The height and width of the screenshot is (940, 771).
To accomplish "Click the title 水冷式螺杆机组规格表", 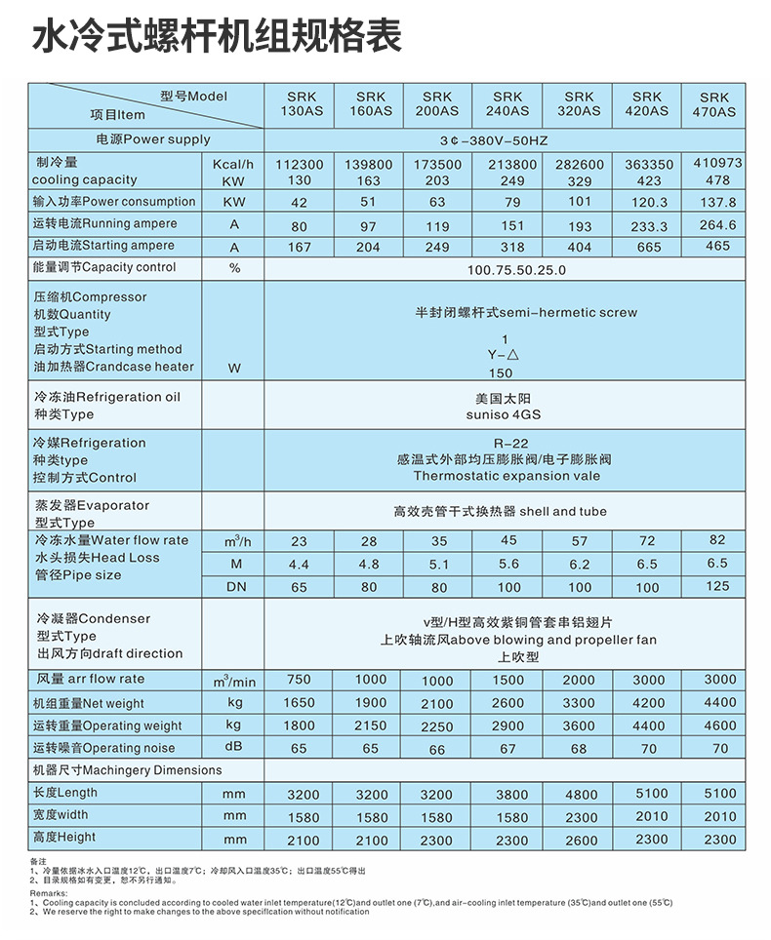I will pos(218,37).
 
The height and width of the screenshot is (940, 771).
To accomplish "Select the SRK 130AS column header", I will pos(300,104).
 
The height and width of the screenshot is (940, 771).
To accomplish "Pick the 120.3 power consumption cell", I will pos(650,203).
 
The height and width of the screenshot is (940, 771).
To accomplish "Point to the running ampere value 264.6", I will pos(717,225).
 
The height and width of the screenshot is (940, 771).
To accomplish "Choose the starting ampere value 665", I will pos(648,248).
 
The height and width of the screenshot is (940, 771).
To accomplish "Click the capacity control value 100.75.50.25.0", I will pos(516,268).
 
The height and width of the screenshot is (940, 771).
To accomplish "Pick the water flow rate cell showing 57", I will pos(579,541).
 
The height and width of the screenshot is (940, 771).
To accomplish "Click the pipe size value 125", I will pos(717,586).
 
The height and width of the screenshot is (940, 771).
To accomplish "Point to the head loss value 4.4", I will pos(299,565).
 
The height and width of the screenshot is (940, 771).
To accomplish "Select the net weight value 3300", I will pos(579,703).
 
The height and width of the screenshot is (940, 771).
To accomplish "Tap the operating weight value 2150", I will pos(370,725).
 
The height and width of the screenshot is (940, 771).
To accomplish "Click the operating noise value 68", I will pos(579,749).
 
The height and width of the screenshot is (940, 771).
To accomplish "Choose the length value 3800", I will pos(508,795).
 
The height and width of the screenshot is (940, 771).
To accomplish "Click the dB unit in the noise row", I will pos(233,748).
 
